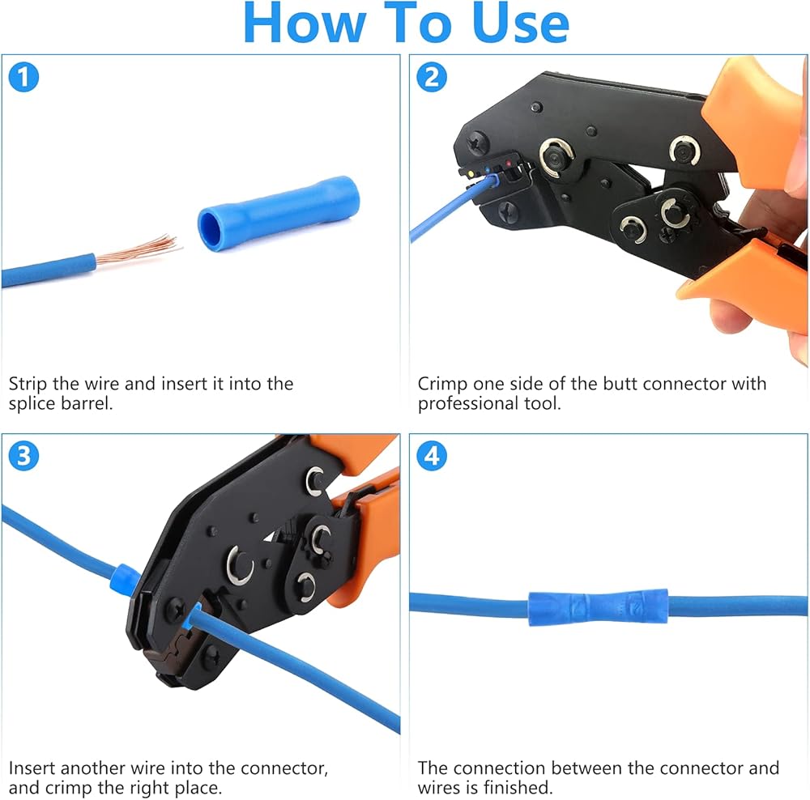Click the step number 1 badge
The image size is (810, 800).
(23, 77)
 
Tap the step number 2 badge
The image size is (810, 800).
(432, 77)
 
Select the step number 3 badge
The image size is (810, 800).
(23, 456)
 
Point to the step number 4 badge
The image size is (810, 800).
(432, 456)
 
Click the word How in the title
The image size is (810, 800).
(305, 23)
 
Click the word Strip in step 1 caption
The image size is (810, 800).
(28, 385)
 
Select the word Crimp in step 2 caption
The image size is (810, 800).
(443, 385)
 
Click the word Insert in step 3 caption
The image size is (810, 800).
(32, 768)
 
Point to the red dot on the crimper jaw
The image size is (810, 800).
(509, 164)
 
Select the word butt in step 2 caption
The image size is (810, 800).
(621, 385)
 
